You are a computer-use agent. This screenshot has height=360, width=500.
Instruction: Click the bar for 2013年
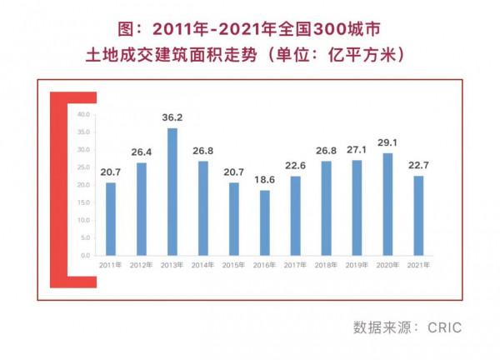pyautogui.click(x=172, y=192)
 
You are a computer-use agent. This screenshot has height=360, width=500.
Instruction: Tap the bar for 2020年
pyautogui.click(x=387, y=204)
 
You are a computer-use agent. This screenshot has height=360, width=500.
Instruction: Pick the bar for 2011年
pyautogui.click(x=111, y=218)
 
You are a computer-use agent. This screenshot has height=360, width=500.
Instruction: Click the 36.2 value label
pyautogui.click(x=172, y=119)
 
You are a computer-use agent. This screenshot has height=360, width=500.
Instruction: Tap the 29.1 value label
pyautogui.click(x=387, y=144)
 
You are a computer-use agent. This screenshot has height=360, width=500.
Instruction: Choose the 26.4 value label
pyautogui.click(x=142, y=152)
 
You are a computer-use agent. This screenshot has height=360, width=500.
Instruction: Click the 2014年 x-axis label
pyautogui.click(x=203, y=265)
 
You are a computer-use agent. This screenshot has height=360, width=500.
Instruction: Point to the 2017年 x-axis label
pyautogui.click(x=296, y=265)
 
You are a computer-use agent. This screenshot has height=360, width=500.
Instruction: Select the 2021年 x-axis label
pyautogui.click(x=418, y=265)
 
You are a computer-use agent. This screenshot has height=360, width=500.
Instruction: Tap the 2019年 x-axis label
pyautogui.click(x=357, y=265)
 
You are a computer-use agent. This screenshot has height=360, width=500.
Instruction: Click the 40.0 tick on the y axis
pyautogui.click(x=84, y=114)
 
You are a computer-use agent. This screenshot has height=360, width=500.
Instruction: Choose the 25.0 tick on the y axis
pyautogui.click(x=84, y=167)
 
